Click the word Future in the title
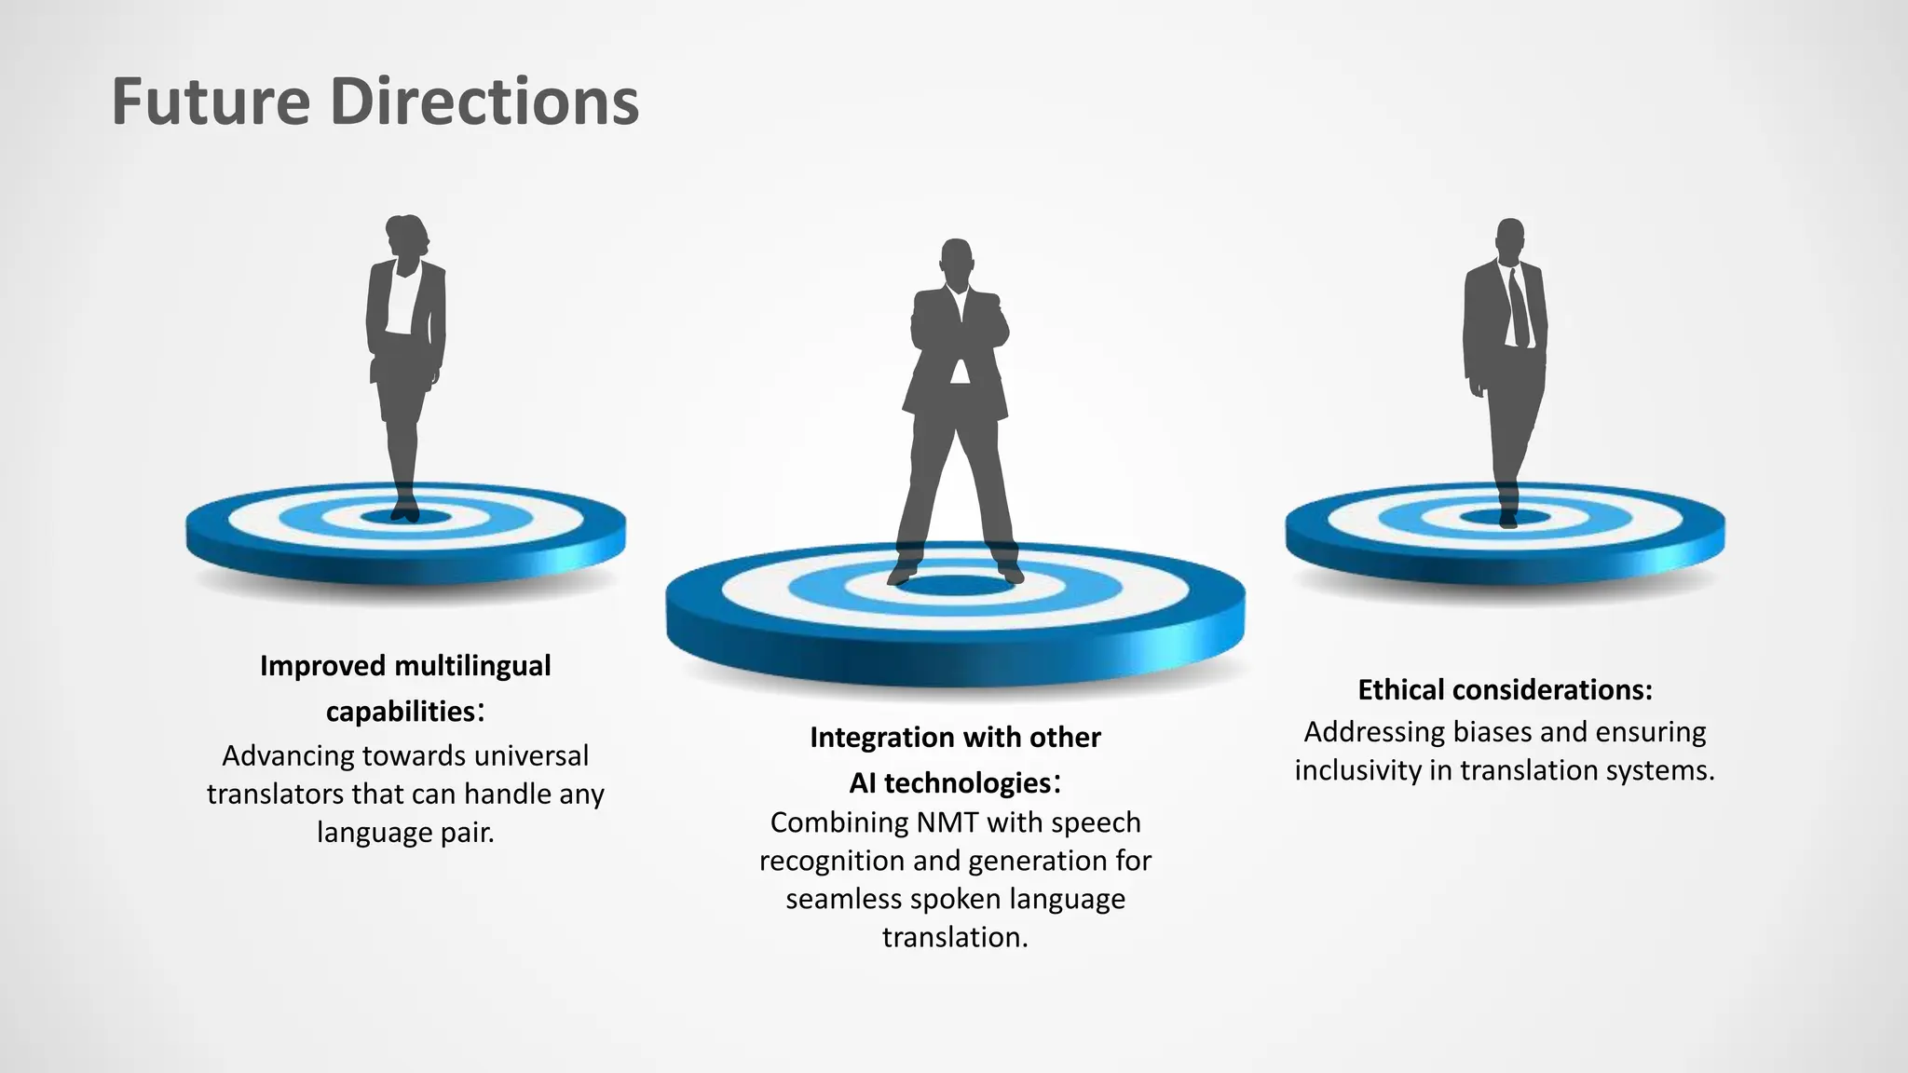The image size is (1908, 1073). pos(211,102)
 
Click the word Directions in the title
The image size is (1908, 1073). pos(484,102)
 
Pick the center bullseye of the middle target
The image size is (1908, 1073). pos(955,586)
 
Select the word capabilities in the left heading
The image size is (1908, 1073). pos(401,712)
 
